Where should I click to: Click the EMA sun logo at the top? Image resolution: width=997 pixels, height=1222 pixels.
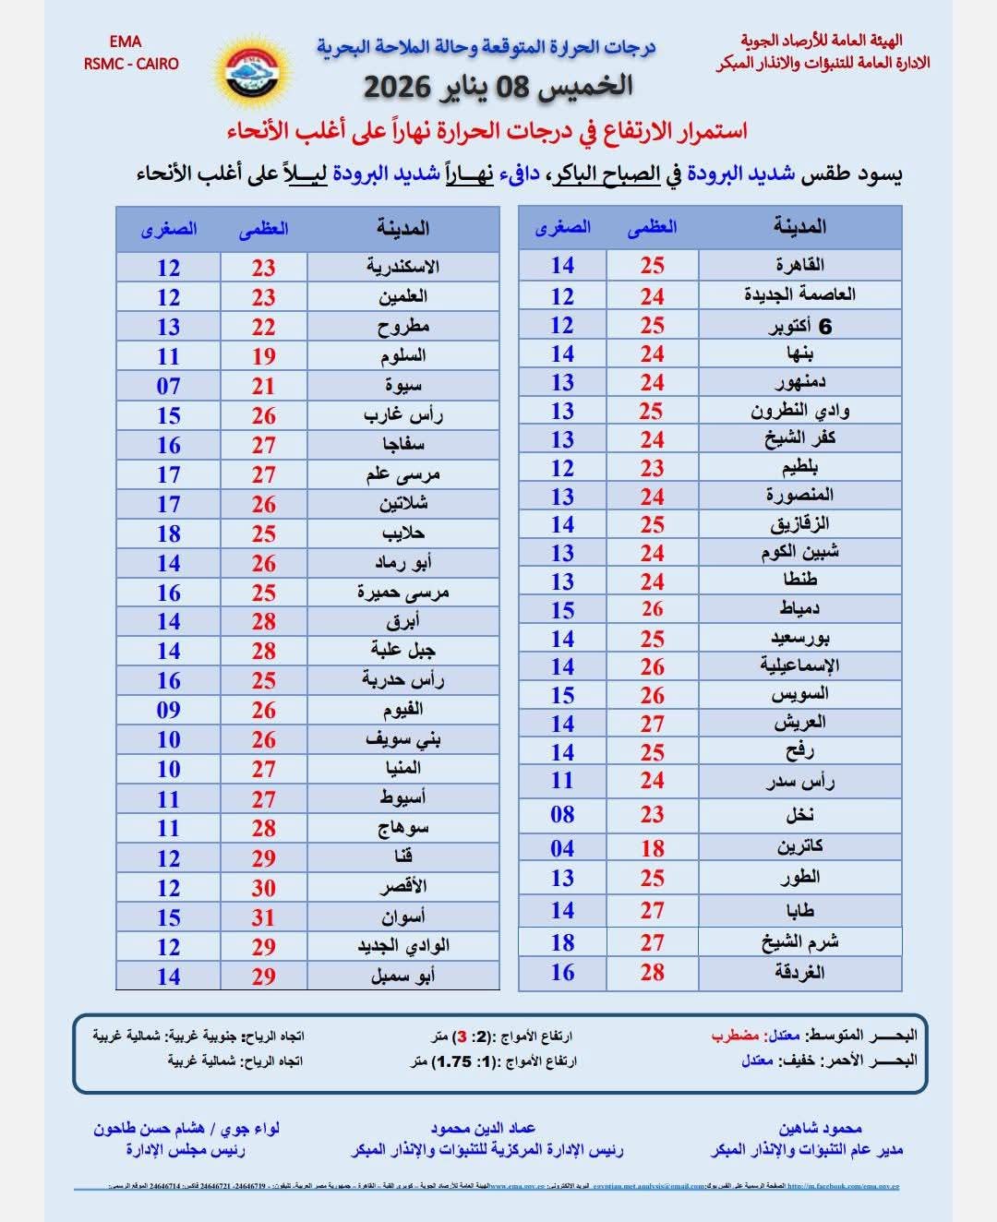pos(253,72)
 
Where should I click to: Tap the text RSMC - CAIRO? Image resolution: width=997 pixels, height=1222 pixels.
pos(131,64)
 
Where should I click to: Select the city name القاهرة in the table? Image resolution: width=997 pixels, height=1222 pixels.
pos(799,266)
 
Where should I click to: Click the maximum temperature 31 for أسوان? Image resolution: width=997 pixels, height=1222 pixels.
pos(264,917)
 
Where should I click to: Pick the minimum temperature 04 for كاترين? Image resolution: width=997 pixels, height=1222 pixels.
pos(562,848)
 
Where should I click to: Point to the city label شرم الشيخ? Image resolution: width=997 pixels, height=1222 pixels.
pos(799,942)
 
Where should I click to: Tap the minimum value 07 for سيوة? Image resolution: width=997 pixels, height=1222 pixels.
pos(168,386)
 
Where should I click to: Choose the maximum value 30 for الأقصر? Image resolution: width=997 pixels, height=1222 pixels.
pos(264,888)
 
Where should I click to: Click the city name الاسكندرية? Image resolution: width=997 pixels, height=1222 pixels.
pos(402,268)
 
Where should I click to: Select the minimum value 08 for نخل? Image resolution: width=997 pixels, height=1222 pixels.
pos(562,814)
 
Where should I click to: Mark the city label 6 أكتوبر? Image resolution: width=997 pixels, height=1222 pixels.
pos(799,326)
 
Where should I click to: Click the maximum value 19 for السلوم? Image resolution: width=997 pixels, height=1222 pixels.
pos(264,356)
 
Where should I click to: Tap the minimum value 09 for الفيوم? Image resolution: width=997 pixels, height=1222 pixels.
pos(168,710)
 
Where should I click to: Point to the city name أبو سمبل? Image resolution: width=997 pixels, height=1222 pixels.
pos(402,976)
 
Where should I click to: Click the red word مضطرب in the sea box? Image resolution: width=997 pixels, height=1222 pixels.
pos(735,1036)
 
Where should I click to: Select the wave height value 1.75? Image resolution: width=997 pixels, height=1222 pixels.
pos(453,1061)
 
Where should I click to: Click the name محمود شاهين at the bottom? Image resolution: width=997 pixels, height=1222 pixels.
pos(820,1128)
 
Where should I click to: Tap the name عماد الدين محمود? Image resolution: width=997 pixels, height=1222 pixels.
pos(483,1128)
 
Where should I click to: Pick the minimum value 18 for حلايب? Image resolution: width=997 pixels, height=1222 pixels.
pos(168,533)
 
